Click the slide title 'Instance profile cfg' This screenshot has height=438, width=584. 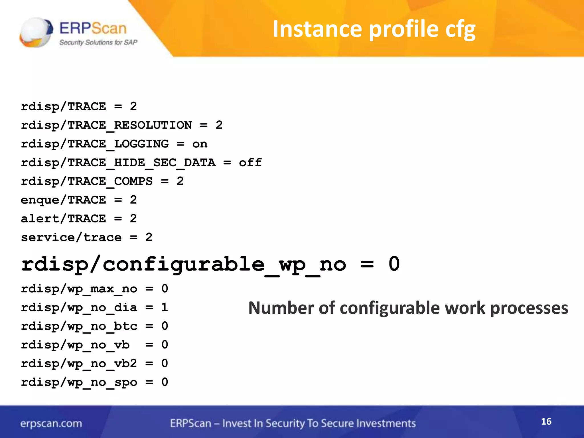(374, 29)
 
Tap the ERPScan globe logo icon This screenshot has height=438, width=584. (36, 32)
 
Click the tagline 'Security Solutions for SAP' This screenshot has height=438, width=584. (98, 42)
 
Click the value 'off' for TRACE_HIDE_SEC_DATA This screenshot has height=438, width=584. (250, 163)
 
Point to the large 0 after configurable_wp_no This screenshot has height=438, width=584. (394, 264)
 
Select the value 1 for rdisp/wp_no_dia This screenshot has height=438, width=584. (165, 307)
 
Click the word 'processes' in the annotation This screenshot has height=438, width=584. (529, 309)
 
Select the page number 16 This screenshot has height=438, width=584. (546, 421)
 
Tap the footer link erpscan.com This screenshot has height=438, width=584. (51, 423)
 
